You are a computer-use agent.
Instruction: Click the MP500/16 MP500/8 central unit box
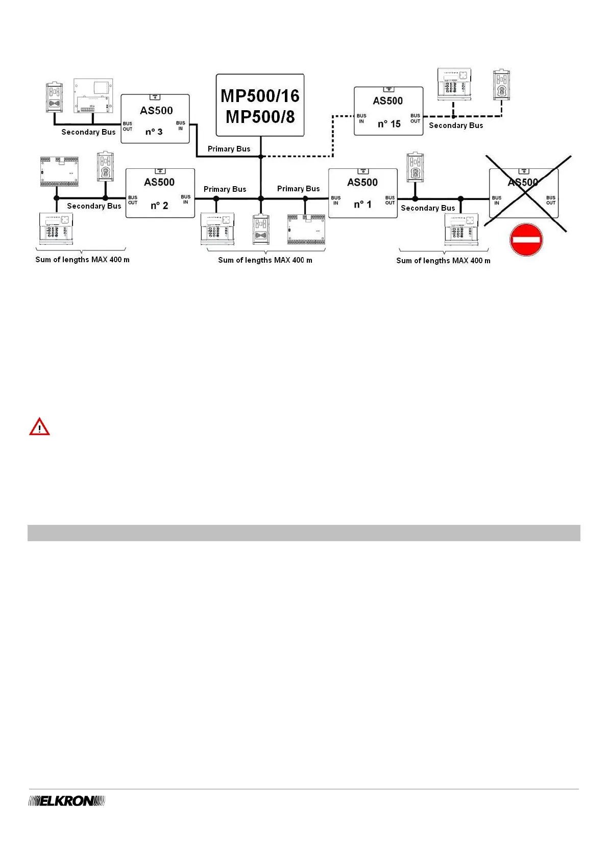pos(260,105)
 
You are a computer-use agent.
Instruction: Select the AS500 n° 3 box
pos(155,119)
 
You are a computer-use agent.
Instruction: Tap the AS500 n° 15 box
pos(388,111)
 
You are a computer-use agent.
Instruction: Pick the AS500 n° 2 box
pos(160,193)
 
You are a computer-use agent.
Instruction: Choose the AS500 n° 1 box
pos(362,193)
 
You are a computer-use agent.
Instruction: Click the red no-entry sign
pos(526,240)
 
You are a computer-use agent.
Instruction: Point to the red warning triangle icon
pos(39,427)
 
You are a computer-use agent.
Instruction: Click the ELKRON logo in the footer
pos(66,801)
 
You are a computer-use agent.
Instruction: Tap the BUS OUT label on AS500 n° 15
pos(416,118)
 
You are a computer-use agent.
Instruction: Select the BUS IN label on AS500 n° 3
pos(181,125)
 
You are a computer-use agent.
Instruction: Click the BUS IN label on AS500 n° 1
pos(336,200)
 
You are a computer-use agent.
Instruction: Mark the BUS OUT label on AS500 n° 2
pos(133,200)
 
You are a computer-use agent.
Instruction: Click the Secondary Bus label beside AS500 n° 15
pos(456,125)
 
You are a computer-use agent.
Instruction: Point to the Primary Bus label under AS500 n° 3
pos(229,149)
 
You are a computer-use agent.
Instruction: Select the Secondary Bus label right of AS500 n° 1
pos(428,208)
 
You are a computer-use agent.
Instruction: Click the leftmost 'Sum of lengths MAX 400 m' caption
pos(82,260)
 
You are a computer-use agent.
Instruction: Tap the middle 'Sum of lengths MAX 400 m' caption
pos(265,260)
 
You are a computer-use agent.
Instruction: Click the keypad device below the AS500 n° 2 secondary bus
pos(56,228)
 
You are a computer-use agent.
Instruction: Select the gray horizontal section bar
pos(304,533)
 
